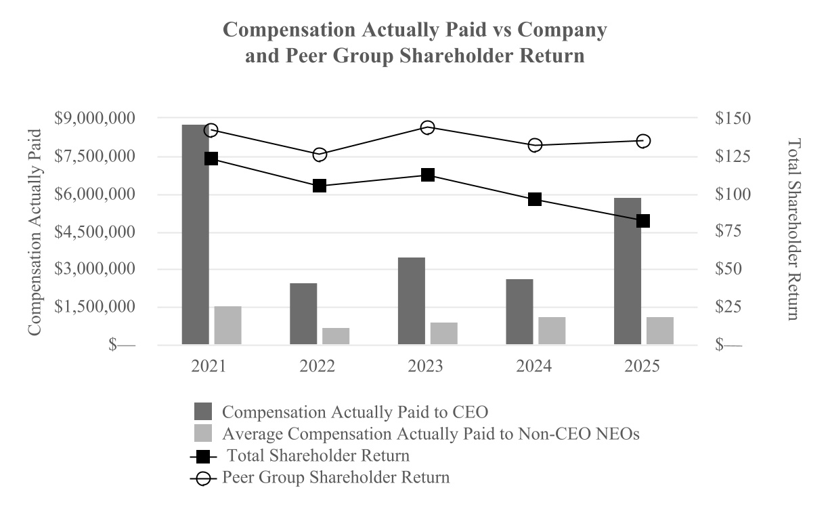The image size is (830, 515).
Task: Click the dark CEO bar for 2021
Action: tap(195, 234)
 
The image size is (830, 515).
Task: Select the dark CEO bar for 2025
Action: tap(627, 271)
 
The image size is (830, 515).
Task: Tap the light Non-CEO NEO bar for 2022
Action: tap(336, 336)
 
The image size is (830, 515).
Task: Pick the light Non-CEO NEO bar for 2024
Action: tap(552, 331)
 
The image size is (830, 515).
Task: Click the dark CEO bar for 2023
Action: tap(411, 301)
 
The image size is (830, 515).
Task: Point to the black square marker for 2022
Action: tap(320, 186)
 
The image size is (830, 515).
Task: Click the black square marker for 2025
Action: tap(643, 221)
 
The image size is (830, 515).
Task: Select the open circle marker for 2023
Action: tap(427, 127)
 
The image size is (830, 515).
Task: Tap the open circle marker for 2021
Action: tap(211, 131)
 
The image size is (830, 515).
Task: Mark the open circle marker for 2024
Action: tap(535, 145)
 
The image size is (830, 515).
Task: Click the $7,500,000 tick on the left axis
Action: tap(94, 157)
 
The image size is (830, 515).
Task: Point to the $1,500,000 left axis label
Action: tap(94, 307)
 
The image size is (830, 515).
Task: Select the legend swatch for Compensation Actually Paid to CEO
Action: tap(202, 411)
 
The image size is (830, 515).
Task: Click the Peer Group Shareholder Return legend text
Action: tap(336, 477)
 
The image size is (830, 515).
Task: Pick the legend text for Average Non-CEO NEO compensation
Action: tap(431, 434)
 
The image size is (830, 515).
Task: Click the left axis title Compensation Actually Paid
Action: tap(35, 232)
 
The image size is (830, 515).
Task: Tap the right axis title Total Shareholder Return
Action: tap(793, 229)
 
